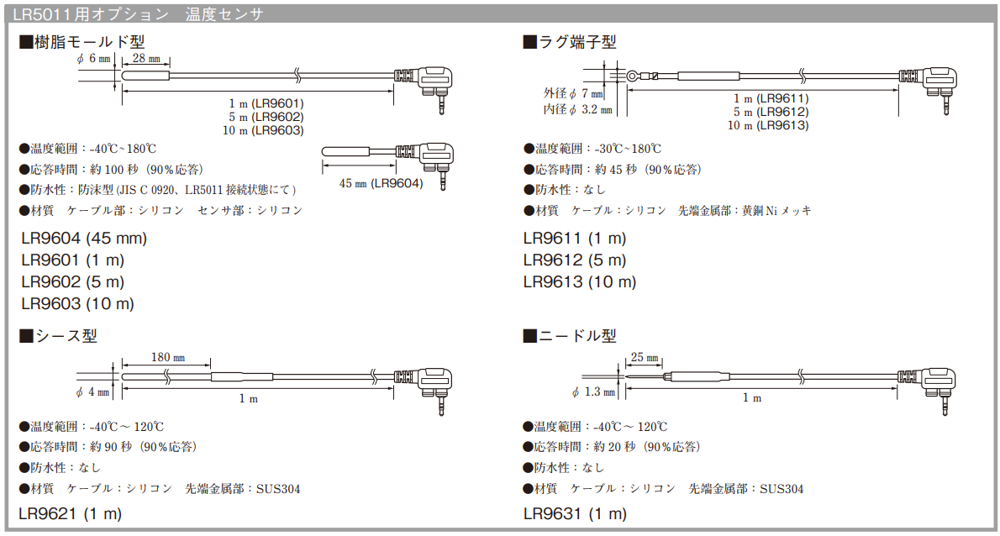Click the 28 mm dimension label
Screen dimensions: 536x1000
[146, 59]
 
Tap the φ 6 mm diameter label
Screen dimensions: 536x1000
[93, 59]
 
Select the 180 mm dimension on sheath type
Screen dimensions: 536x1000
[167, 358]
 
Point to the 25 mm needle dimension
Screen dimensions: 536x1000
[645, 358]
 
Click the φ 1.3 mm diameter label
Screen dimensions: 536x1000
[593, 391]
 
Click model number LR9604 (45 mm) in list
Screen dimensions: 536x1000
[84, 238]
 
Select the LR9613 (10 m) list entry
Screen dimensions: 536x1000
[580, 282]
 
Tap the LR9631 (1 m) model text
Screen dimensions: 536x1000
[575, 512]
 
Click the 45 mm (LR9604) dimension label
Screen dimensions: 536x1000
[381, 182]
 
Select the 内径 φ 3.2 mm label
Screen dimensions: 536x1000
[578, 109]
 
